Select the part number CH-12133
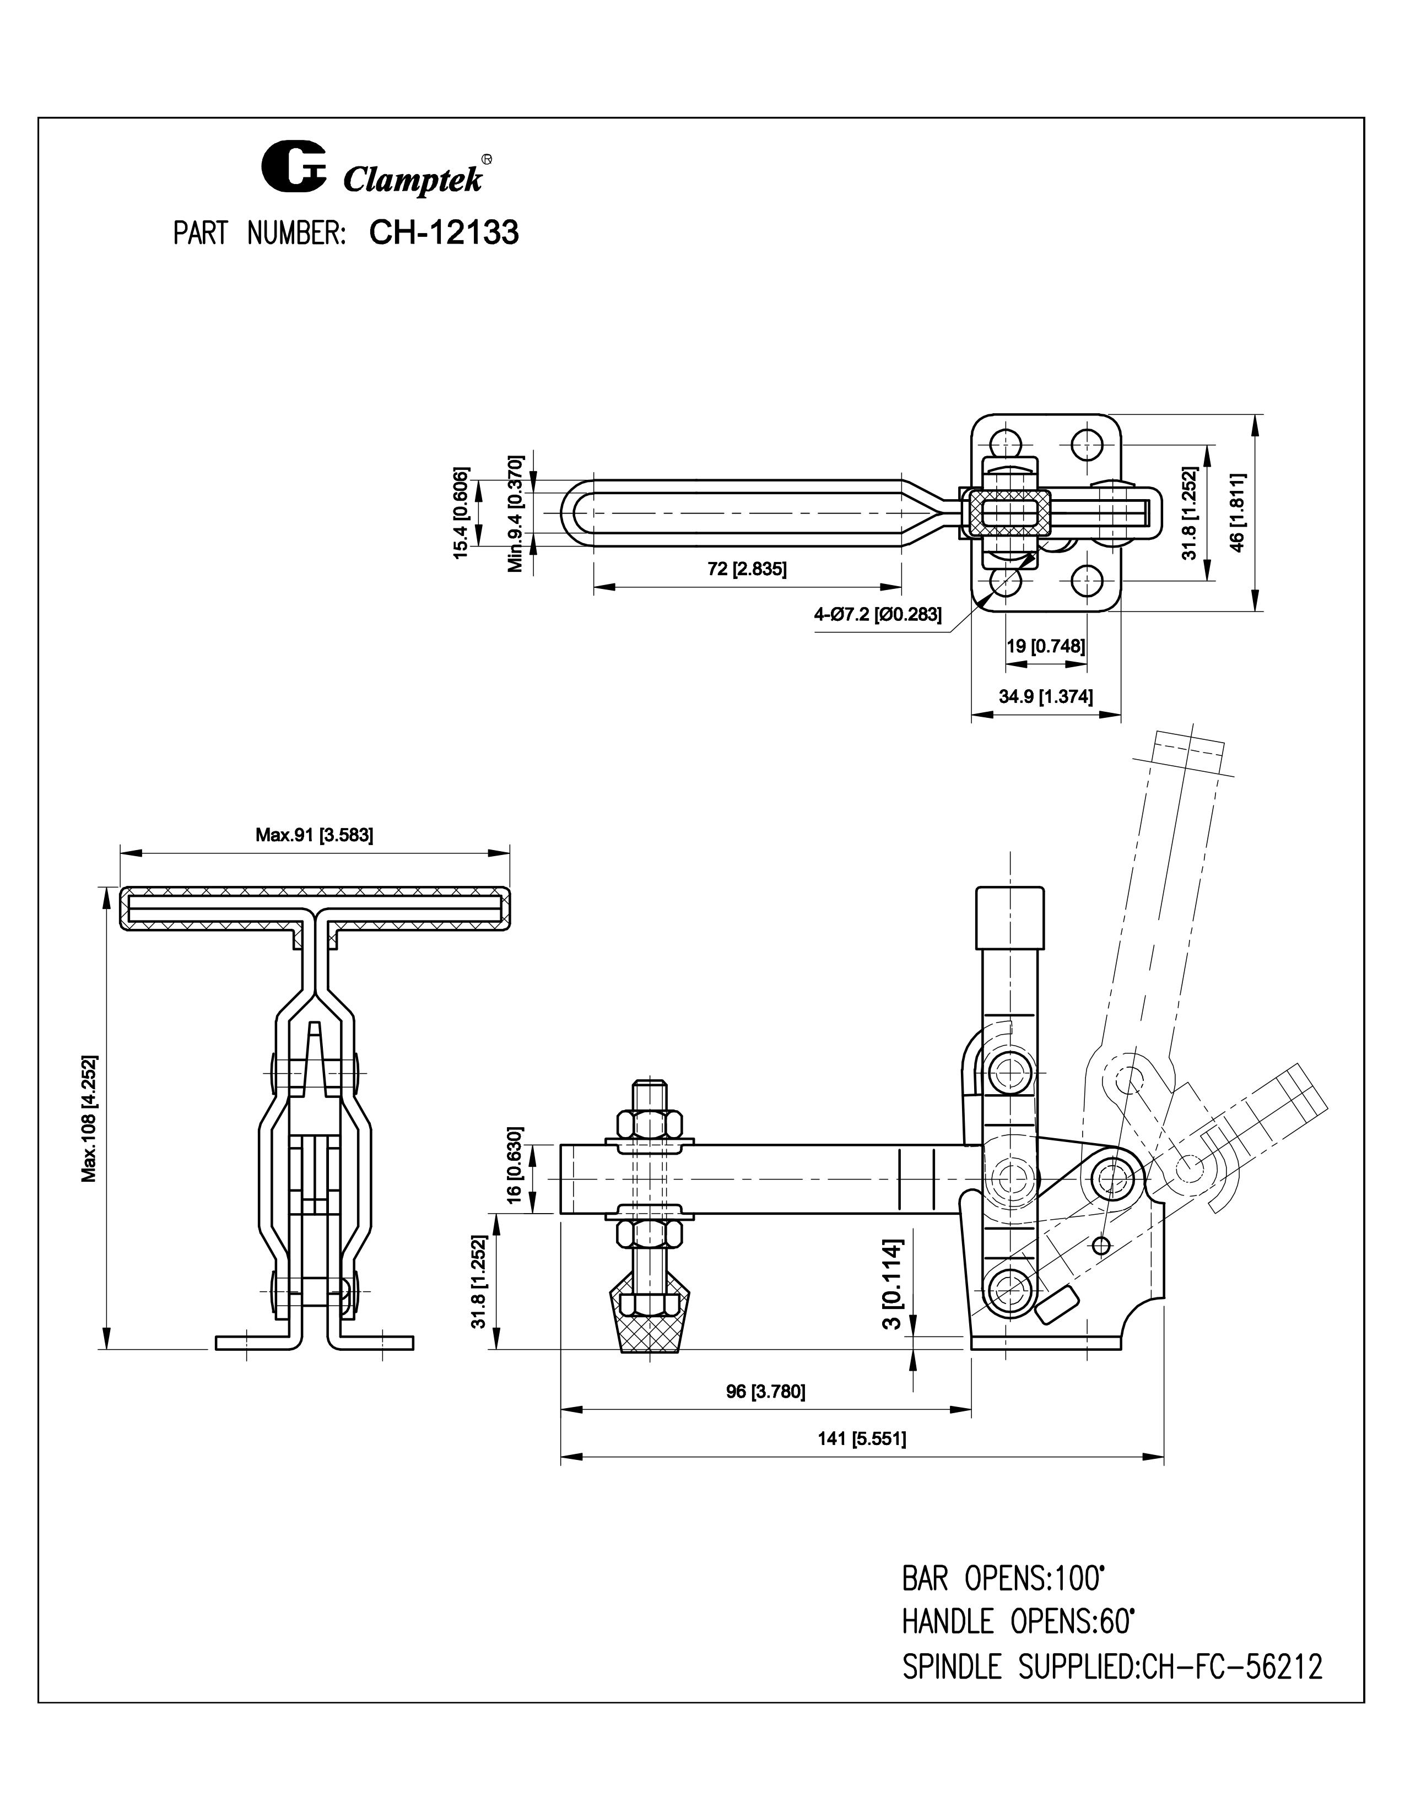coord(444,233)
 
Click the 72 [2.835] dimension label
coord(747,570)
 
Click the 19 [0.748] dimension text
coord(1045,646)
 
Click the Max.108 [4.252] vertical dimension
coord(90,1118)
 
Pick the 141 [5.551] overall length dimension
coord(862,1438)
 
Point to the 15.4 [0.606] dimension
coord(462,513)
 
